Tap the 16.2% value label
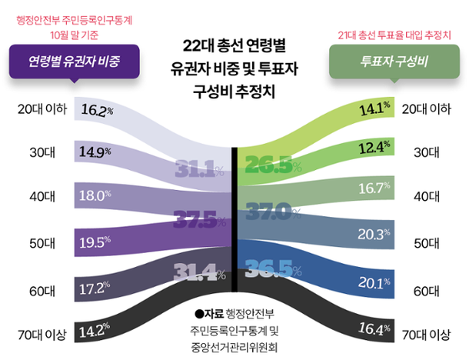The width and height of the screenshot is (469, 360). [97, 110]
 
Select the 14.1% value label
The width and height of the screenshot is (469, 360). [375, 108]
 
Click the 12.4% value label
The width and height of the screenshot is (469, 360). [375, 145]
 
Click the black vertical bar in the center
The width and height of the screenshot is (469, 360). [234, 223]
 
